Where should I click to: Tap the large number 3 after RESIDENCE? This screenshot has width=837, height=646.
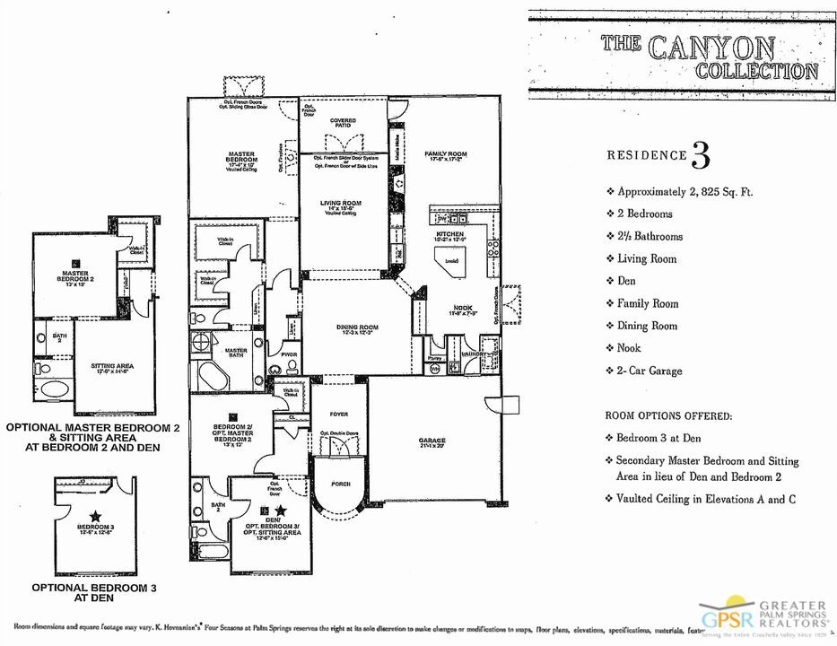tap(701, 154)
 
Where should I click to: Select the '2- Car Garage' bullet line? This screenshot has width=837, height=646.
tap(650, 371)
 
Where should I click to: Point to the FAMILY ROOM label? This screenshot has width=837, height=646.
tap(446, 154)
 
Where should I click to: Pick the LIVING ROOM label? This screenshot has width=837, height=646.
tap(341, 204)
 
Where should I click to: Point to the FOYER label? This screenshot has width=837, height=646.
tap(338, 415)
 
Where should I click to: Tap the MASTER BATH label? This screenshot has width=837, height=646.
tap(236, 351)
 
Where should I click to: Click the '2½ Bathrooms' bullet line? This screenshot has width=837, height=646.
tap(650, 237)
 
